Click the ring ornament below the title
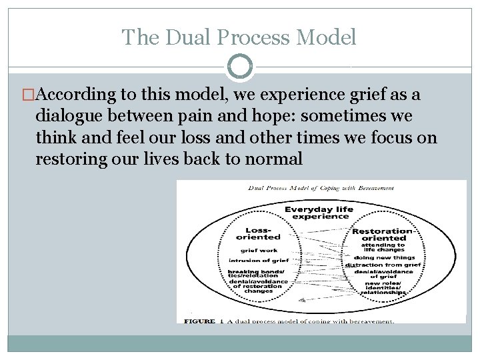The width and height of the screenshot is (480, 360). pyautogui.click(x=240, y=67)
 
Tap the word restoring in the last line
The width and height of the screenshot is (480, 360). pyautogui.click(x=67, y=159)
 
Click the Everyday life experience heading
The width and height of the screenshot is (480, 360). pyautogui.click(x=319, y=213)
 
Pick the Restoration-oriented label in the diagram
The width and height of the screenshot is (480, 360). pyautogui.click(x=382, y=235)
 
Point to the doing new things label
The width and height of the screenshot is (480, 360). pyautogui.click(x=385, y=257)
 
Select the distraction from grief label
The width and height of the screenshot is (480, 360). pyautogui.click(x=383, y=265)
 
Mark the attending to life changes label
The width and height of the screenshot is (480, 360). pyautogui.click(x=383, y=247)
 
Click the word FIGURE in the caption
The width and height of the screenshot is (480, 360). pyautogui.click(x=199, y=321)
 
